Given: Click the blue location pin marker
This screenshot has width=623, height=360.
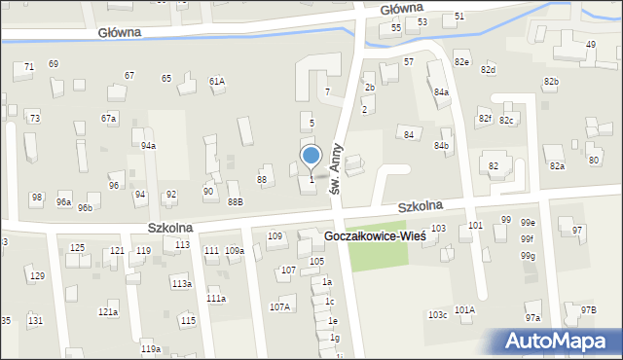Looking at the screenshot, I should (311, 157).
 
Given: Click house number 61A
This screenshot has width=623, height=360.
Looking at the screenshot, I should (216, 82).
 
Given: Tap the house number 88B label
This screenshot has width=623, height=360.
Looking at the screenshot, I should (235, 201).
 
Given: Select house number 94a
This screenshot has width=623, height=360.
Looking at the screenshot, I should (148, 145).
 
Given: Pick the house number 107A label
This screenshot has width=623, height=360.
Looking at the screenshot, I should (279, 306).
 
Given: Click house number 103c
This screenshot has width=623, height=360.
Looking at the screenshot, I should (437, 314).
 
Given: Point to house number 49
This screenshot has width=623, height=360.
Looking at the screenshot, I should (590, 45).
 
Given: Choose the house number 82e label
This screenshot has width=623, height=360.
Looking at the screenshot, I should (461, 61).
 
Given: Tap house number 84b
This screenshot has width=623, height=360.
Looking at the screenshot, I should (442, 145).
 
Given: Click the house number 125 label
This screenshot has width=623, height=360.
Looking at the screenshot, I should (77, 248).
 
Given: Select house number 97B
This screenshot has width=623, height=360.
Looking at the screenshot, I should (588, 309).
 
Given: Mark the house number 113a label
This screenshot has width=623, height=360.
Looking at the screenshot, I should (181, 284).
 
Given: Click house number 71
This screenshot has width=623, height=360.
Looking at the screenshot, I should (29, 66).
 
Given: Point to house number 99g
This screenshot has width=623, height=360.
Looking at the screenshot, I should (528, 256).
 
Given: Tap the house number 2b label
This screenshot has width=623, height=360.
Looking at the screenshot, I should (369, 88).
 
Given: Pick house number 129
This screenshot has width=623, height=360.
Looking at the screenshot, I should (37, 276).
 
